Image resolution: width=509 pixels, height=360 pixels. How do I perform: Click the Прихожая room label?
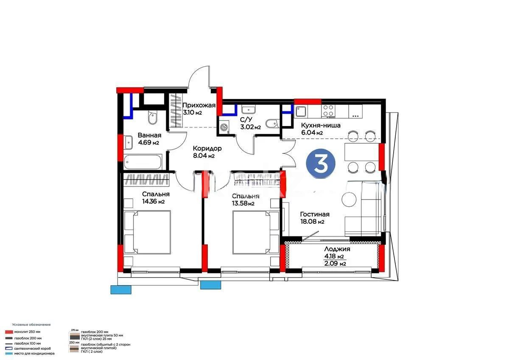tap(199, 105)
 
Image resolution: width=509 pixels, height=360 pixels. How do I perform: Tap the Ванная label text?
tap(149, 135)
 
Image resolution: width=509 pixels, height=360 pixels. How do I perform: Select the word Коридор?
tap(207, 148)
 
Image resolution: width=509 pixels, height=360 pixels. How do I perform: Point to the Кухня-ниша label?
tap(320, 125)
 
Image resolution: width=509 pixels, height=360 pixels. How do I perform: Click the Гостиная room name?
tap(314, 214)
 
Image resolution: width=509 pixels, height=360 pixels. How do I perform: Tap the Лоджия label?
tap(337, 249)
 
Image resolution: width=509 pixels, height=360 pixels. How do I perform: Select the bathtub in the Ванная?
tap(143, 161)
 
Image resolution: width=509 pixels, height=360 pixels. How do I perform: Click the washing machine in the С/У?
tap(224, 126)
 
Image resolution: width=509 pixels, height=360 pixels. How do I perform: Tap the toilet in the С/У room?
tap(271, 124)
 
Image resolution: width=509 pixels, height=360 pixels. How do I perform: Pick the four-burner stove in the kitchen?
tap(328, 110)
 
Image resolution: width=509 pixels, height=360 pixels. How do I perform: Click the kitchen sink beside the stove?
tap(301, 111)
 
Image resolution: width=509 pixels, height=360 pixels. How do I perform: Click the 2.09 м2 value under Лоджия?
tap(335, 264)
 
